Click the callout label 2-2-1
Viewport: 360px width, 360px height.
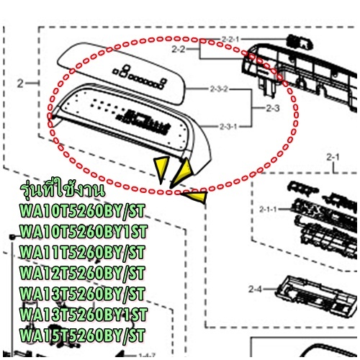click(230, 40)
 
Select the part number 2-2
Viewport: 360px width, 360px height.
click(179, 50)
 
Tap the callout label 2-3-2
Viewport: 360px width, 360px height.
click(219, 89)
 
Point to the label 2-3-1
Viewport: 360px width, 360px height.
click(228, 126)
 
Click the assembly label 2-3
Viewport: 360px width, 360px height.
click(273, 108)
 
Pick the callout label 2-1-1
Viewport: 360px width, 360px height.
click(268, 210)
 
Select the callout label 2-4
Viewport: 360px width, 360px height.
click(255, 289)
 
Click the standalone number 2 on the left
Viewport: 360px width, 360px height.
click(20, 84)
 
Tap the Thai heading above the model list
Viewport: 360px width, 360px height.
click(63, 190)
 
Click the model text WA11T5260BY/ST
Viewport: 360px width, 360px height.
click(82, 253)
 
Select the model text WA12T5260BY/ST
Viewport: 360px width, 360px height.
click(82, 273)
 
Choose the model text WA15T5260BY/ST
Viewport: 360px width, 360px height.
click(82, 335)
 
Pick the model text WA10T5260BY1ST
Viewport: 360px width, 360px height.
click(84, 232)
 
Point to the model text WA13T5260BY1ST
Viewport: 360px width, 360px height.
click(84, 315)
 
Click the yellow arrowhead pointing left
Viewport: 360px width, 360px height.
click(196, 196)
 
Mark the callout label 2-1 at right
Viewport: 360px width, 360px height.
click(333, 158)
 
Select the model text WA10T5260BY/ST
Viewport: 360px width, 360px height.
click(82, 211)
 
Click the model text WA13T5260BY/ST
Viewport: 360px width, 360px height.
click(82, 294)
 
